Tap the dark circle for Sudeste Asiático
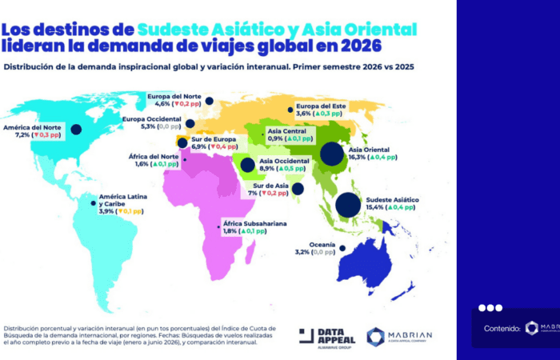[x=347, y=206]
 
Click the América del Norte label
[x=31, y=127]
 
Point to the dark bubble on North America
[x=76, y=129]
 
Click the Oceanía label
[x=323, y=243]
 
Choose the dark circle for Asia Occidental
[x=247, y=166]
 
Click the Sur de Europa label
[x=214, y=139]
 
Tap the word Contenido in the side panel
[x=502, y=328]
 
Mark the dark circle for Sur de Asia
[x=298, y=190]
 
